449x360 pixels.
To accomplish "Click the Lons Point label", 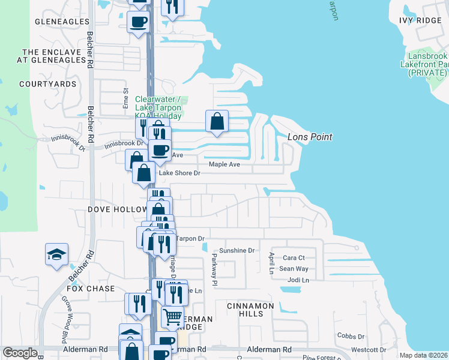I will point(310,137).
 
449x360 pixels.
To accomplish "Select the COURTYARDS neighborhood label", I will point(47,84).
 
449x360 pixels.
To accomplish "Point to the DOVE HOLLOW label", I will point(118,209).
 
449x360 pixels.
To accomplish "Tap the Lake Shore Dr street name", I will point(179,173).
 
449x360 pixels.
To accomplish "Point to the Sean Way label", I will point(294,269).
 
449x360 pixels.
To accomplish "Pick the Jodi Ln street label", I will point(298,280).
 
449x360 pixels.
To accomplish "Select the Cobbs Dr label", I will point(351,337).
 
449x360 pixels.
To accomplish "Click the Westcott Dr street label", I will point(369,350).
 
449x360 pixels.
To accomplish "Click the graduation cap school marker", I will point(56,254).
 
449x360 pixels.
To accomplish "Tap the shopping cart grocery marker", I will point(172,316).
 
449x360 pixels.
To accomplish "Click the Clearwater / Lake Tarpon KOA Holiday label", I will point(158,107).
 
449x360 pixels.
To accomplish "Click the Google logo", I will point(20,353).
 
